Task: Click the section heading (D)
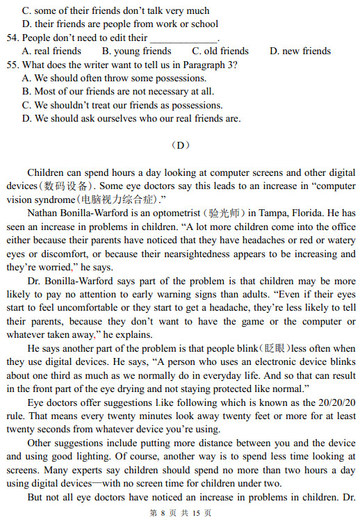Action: pos(180,145)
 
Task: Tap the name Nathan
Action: pos(44,213)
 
